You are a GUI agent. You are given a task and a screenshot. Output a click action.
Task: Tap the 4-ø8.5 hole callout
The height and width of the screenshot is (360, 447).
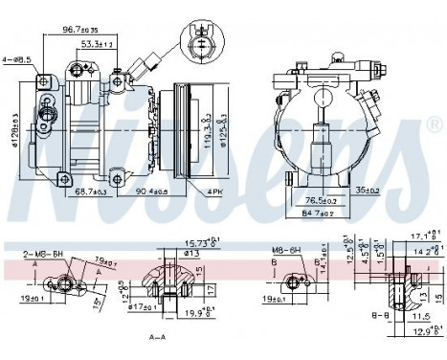(x=18, y=60)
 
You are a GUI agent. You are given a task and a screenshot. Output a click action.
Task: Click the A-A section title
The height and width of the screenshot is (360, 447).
(x=159, y=338)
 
